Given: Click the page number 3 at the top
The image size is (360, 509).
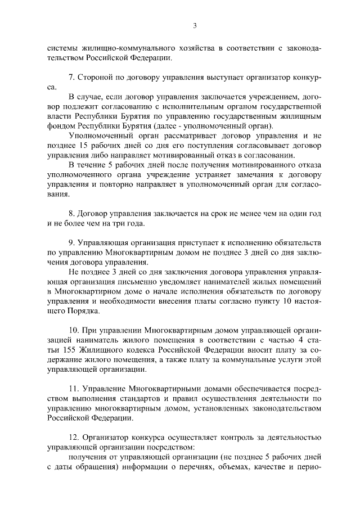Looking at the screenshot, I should [194, 25].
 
